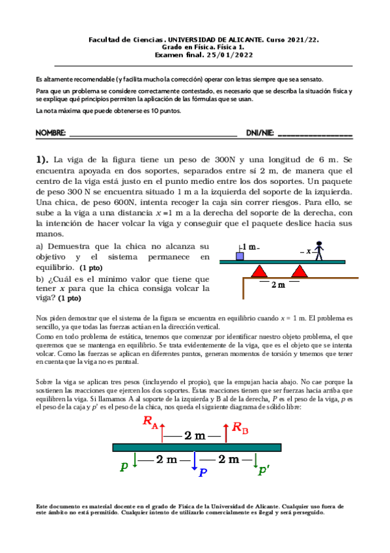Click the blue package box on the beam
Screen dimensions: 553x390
click(240, 256)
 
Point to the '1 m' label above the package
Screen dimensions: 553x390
click(252, 247)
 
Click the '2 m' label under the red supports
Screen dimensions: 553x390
click(279, 284)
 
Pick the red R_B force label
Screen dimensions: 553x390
click(240, 428)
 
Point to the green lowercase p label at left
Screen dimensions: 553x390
click(124, 466)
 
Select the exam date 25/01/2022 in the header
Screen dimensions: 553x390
click(212, 55)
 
